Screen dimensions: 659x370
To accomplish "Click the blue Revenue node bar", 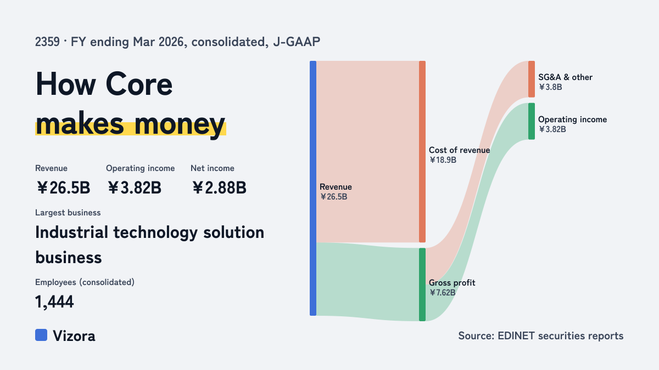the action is pos(313,188).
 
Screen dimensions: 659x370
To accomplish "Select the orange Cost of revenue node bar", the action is pos(422,151).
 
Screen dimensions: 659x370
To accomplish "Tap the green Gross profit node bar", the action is pos(422,284).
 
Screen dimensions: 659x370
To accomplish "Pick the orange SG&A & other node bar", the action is pos(532,79).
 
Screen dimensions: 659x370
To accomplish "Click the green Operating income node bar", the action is pos(532,121).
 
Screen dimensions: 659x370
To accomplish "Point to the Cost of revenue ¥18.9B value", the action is pos(443,160).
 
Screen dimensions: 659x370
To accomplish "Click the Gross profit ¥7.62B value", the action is pos(443,293).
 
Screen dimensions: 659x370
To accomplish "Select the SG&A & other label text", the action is pos(565,77).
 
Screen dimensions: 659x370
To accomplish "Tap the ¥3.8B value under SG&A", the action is pos(550,87).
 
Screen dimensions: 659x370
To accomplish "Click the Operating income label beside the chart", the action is pos(572,119).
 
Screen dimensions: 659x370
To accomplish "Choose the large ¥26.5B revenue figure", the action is pos(63,187).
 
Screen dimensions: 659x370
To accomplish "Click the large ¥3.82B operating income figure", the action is pos(134,187).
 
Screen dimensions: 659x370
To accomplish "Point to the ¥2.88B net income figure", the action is pos(219,187).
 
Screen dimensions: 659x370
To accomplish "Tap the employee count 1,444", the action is pos(54,302).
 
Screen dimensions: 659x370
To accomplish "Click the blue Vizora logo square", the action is pos(41,335).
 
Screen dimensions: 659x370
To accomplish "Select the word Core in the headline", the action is pos(139,84).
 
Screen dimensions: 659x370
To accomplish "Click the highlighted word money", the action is pos(180,125).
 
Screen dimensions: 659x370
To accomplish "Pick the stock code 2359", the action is pos(47,42).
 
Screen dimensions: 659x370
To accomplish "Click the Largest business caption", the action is pos(68,213).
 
